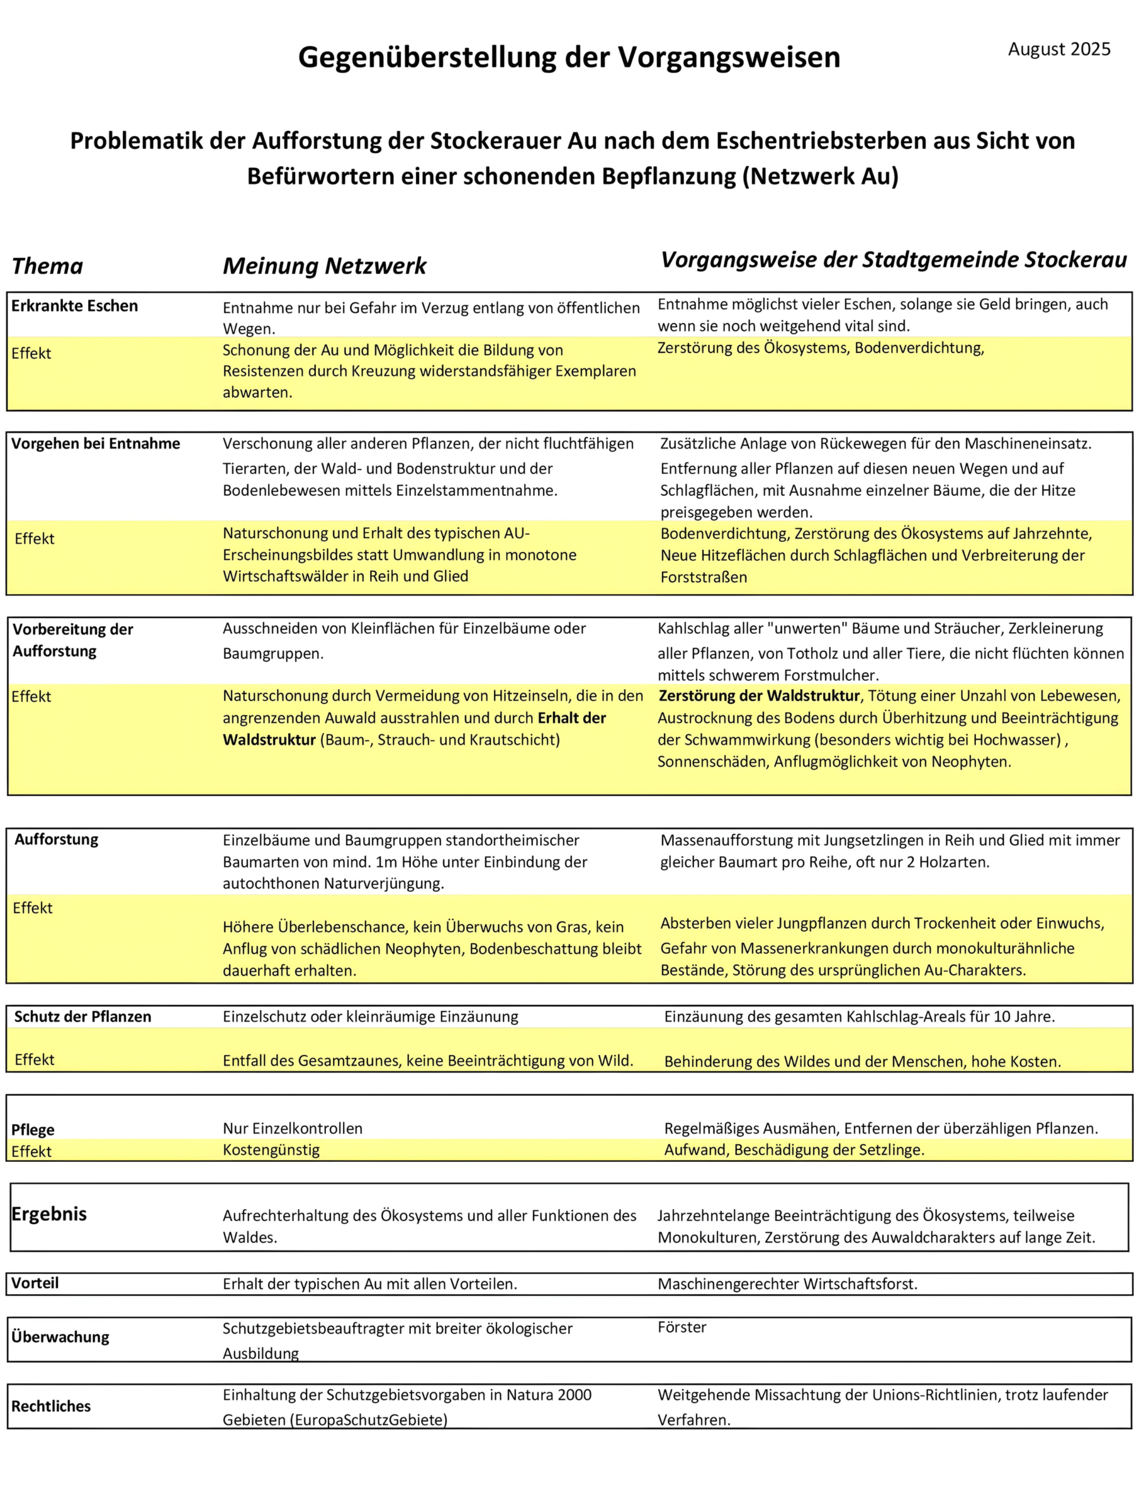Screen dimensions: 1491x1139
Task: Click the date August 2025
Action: coord(1058,49)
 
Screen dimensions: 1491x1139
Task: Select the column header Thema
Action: coord(47,266)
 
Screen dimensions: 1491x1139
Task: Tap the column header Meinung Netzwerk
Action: coord(324,266)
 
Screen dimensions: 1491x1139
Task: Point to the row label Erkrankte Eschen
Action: coord(75,306)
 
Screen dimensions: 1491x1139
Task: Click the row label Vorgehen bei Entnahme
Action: coord(96,444)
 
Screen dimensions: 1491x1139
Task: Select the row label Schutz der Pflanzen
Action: coord(82,1016)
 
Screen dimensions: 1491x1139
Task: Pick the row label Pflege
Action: coord(33,1130)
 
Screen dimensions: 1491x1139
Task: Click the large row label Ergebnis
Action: coord(49,1213)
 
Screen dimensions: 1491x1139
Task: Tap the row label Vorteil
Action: coord(35,1283)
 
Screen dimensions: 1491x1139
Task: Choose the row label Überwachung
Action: coord(60,1337)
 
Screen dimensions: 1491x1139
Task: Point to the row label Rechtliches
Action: coord(51,1406)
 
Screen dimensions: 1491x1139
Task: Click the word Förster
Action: coord(682,1327)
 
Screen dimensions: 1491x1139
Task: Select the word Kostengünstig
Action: coord(271,1150)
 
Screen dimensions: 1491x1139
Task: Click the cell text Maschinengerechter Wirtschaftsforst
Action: coord(787,1284)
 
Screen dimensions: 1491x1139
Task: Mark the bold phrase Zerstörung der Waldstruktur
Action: coord(760,695)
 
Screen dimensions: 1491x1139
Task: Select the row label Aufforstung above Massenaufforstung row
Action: coord(56,840)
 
